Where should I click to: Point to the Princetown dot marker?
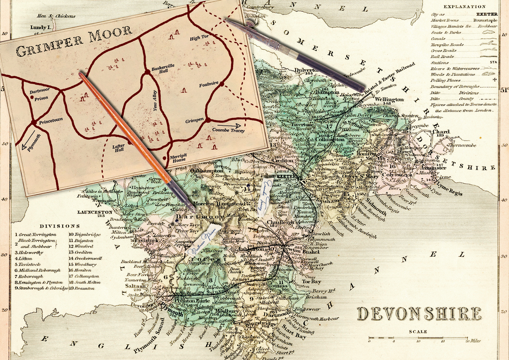[34, 123]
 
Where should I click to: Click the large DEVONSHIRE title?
[418, 314]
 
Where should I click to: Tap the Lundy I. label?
[41, 26]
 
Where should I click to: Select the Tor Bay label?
[312, 281]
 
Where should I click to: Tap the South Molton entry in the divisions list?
[86, 282]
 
